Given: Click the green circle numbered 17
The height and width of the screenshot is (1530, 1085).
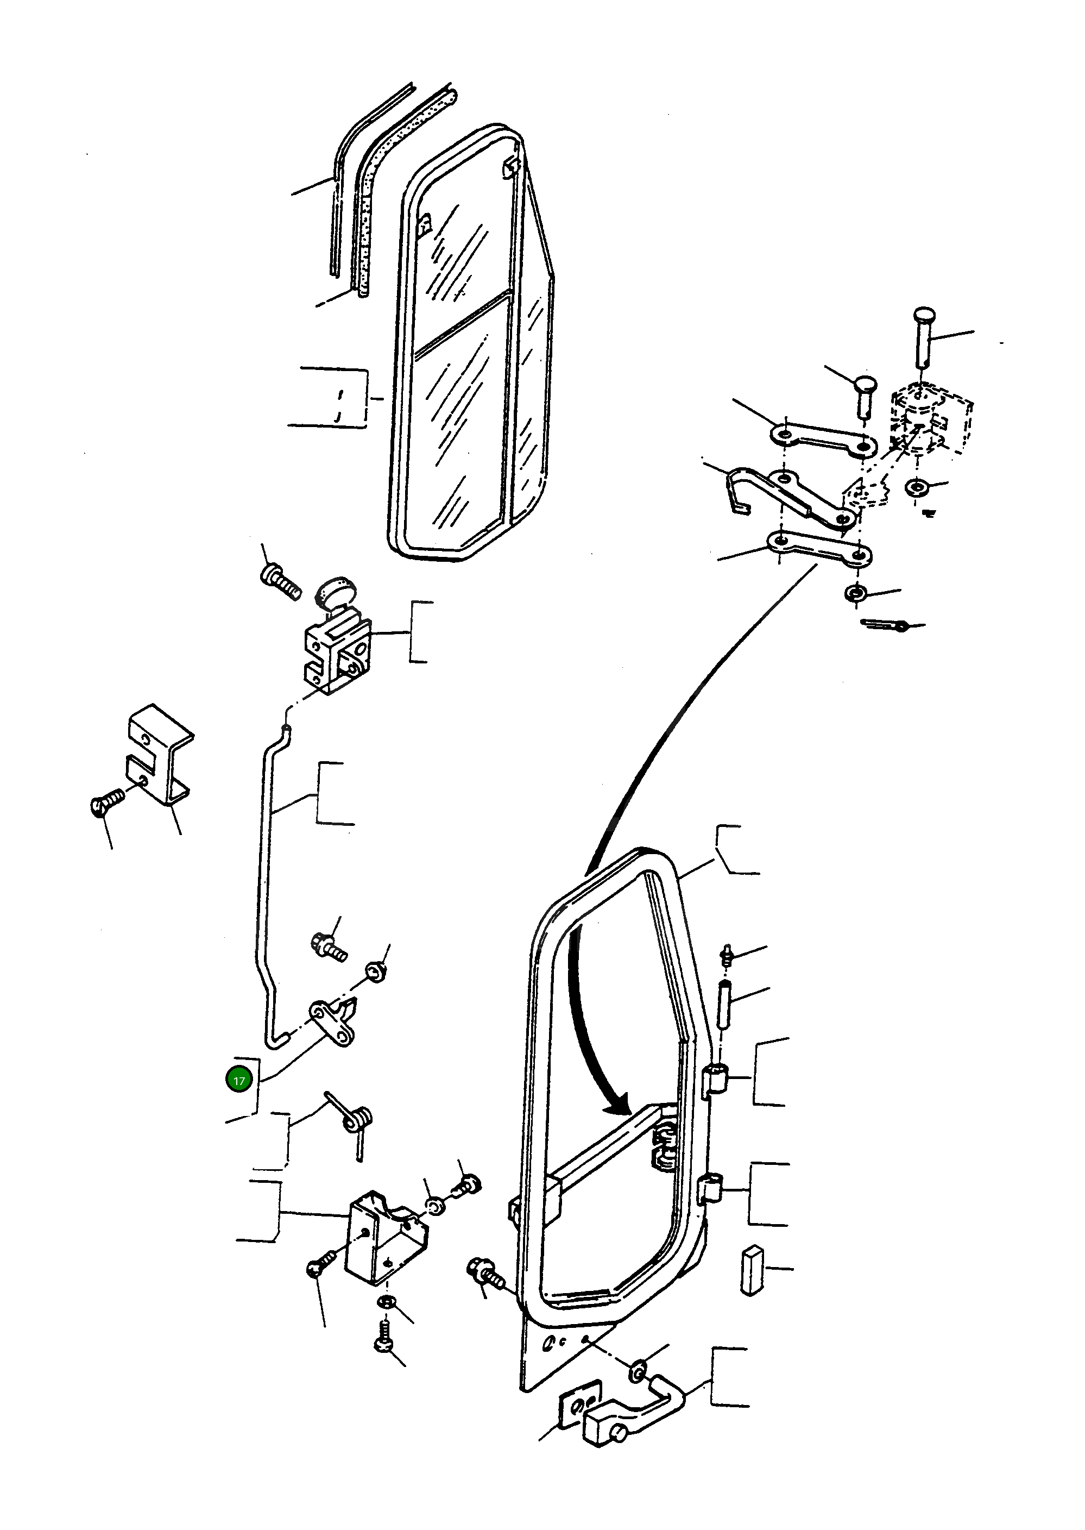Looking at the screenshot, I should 238,1080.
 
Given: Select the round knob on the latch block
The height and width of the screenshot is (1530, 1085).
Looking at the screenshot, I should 336,592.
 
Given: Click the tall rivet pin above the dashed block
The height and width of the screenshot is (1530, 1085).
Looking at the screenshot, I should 923,334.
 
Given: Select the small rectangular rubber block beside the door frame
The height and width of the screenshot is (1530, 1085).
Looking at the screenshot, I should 752,1269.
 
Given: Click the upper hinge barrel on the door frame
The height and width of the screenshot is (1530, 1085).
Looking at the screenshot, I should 716,1077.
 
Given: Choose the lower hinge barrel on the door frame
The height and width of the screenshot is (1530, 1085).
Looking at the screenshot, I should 711,1189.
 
